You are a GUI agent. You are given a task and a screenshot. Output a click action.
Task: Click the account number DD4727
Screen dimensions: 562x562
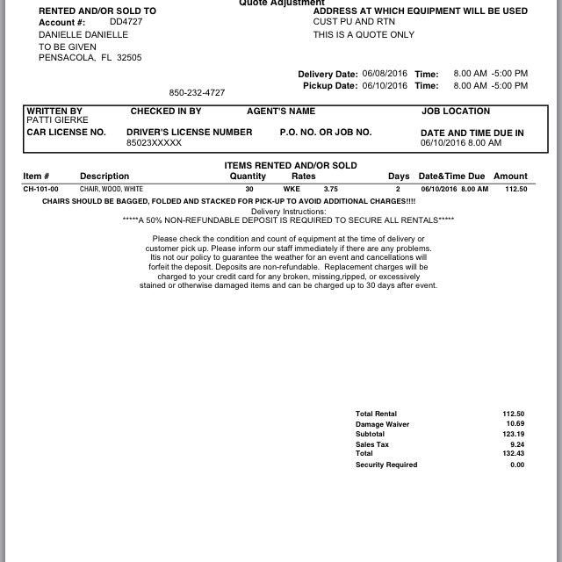(x=126, y=21)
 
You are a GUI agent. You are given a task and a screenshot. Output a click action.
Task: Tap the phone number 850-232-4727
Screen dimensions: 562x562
(x=197, y=92)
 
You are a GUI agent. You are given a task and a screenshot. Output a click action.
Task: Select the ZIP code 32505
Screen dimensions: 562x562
(x=129, y=58)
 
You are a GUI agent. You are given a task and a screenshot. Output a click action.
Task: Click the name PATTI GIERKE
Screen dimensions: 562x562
(x=57, y=120)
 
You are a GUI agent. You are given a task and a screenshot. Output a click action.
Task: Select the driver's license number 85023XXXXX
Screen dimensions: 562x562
(x=154, y=142)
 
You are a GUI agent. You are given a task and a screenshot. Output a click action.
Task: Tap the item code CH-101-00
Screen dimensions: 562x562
(x=40, y=189)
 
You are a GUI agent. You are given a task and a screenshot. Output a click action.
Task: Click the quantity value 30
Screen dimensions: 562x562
(x=249, y=189)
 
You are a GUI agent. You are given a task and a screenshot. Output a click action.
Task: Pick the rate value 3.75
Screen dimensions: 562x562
(x=330, y=189)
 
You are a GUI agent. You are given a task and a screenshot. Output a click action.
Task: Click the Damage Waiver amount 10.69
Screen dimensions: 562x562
(x=515, y=424)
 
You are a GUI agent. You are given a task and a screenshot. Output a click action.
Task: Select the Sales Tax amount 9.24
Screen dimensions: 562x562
(x=517, y=444)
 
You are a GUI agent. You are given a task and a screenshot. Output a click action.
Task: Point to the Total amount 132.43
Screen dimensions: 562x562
(x=514, y=454)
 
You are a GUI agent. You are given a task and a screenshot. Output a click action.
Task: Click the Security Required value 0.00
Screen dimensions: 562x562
(x=517, y=465)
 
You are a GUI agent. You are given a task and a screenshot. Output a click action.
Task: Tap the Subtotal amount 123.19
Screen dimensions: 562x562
(x=514, y=434)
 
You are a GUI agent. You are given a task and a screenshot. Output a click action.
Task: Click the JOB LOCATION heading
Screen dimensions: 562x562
(x=456, y=112)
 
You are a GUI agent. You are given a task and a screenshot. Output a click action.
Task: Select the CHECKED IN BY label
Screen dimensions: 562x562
(x=166, y=112)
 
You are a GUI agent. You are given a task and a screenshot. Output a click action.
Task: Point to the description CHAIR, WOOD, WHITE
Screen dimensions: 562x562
(x=112, y=189)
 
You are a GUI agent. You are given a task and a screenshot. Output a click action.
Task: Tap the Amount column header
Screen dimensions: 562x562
(x=510, y=177)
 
